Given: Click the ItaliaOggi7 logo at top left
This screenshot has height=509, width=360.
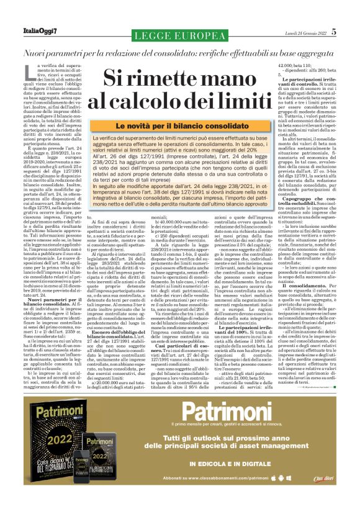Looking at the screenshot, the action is [x=28, y=32].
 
